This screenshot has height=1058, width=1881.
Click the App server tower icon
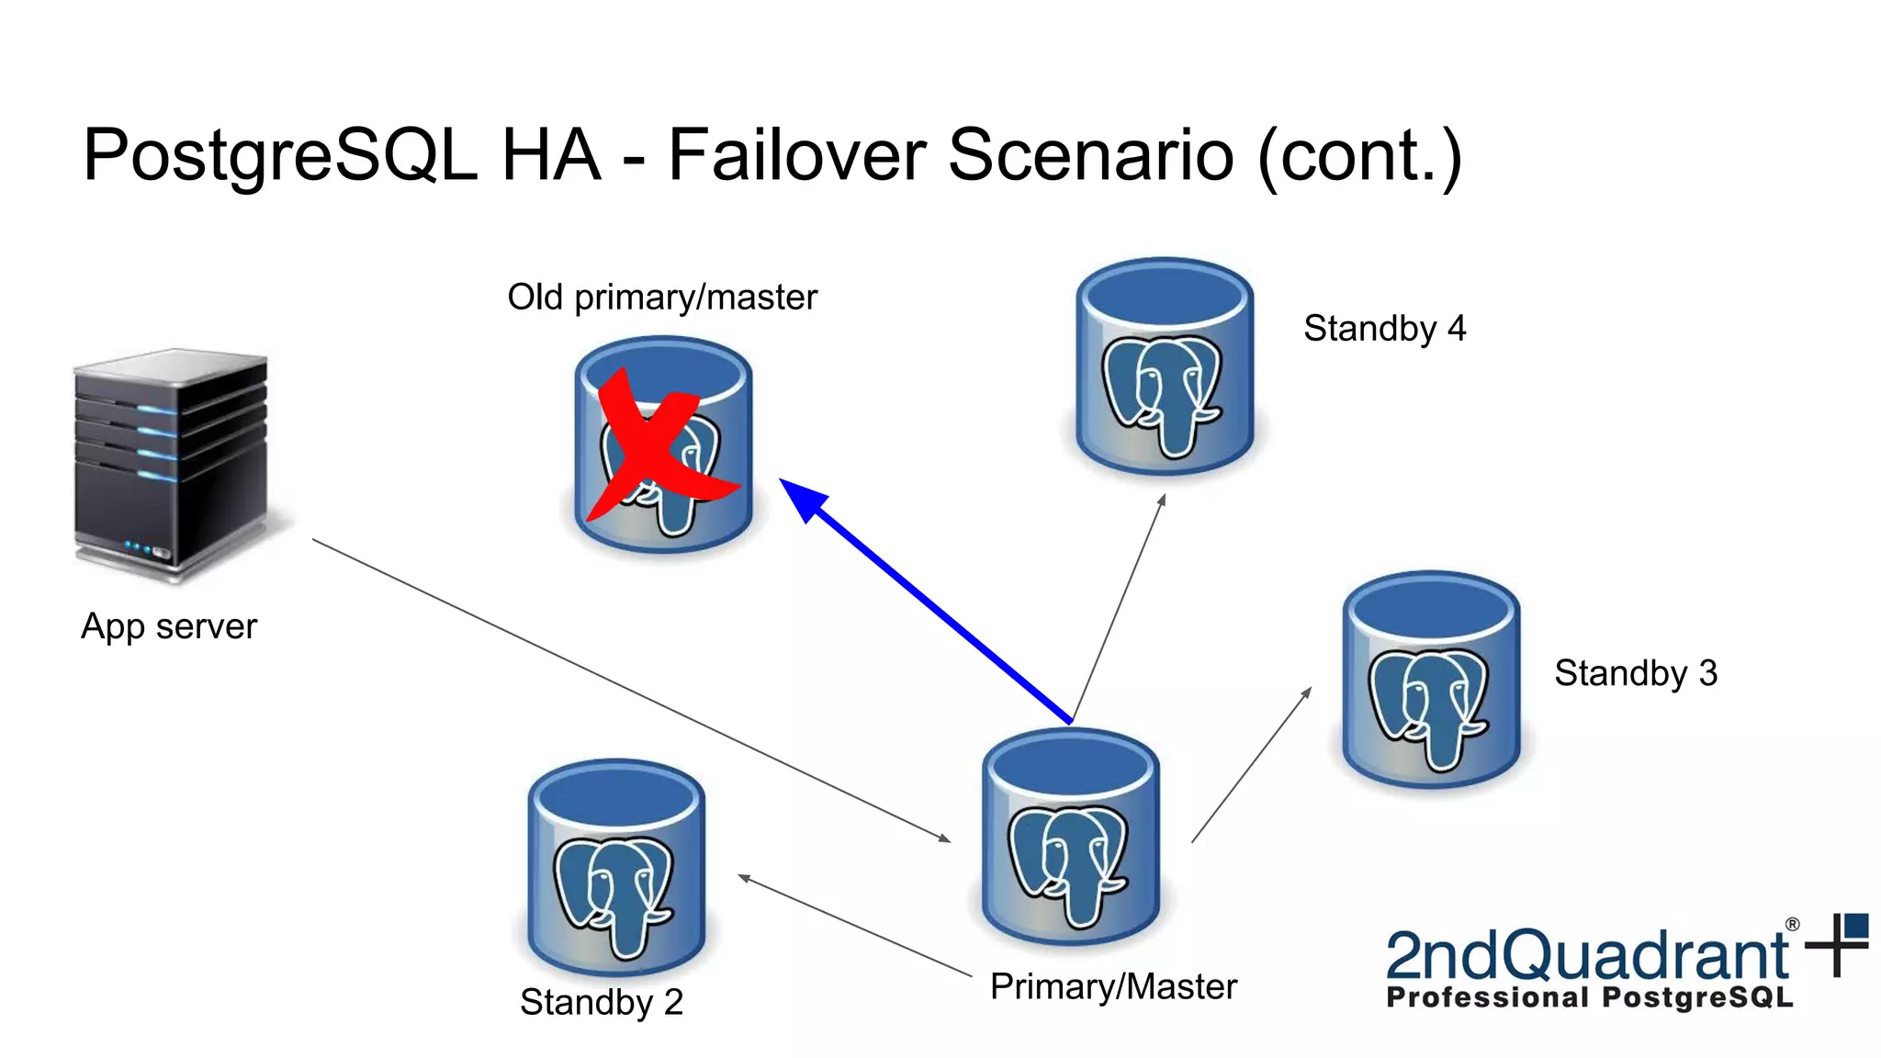pyautogui.click(x=172, y=464)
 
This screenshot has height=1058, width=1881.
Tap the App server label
pyautogui.click(x=169, y=627)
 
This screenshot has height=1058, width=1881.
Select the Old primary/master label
pyautogui.click(x=662, y=298)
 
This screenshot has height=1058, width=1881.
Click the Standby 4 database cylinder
pyautogui.click(x=1165, y=367)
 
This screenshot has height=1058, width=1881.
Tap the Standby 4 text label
pyautogui.click(x=1384, y=329)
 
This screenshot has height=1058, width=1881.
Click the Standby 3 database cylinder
pyautogui.click(x=1431, y=681)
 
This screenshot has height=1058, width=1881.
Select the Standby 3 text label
pyautogui.click(x=1635, y=673)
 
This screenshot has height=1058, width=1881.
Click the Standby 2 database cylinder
pyautogui.click(x=616, y=868)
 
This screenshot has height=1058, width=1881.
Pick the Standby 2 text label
pyautogui.click(x=602, y=1002)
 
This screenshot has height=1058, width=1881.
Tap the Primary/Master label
pyautogui.click(x=1113, y=987)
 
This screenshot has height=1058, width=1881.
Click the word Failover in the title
pyautogui.click(x=795, y=154)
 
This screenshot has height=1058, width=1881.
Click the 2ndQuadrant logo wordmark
pyautogui.click(x=1587, y=956)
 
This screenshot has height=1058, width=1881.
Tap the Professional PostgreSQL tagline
pyautogui.click(x=1589, y=998)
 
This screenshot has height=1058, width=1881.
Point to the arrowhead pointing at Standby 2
pyautogui.click(x=745, y=879)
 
